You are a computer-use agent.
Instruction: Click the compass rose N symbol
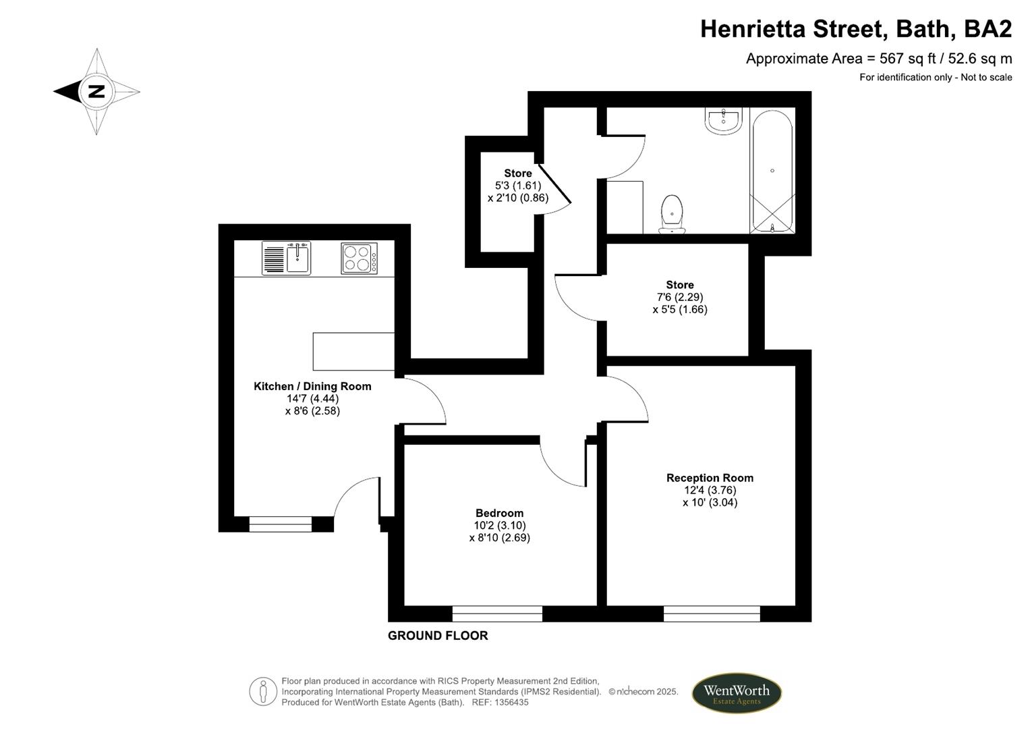(96, 91)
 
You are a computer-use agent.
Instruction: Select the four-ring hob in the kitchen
(359, 258)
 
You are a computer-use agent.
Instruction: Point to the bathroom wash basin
(724, 121)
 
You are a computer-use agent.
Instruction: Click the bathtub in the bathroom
(772, 171)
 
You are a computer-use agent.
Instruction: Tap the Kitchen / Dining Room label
(312, 386)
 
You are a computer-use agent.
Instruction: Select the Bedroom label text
(499, 513)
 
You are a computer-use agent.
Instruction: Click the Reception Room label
(710, 478)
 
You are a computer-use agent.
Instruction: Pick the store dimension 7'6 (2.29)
(679, 297)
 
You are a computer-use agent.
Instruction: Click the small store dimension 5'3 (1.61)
(517, 186)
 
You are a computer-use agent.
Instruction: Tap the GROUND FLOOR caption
(438, 635)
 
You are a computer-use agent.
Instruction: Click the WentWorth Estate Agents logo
(736, 693)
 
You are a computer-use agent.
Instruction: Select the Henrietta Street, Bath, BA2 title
(855, 29)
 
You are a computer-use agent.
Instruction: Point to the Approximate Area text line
(878, 59)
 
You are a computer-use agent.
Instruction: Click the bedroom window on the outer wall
(497, 614)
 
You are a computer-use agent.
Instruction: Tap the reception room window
(712, 614)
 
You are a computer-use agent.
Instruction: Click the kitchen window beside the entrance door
(280, 524)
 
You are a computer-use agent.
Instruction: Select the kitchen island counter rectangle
(353, 351)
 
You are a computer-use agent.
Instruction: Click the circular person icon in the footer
(263, 692)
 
